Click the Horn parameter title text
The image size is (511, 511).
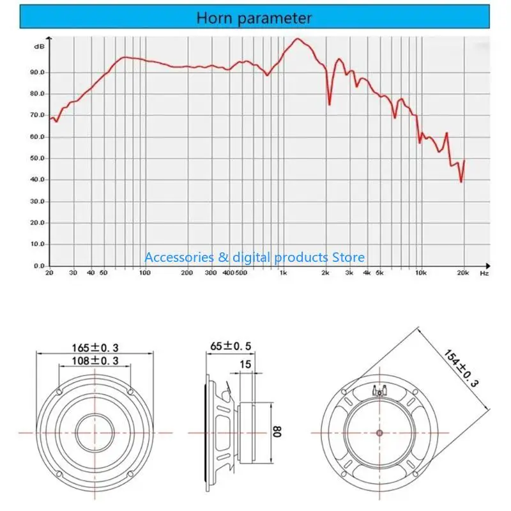point(254,18)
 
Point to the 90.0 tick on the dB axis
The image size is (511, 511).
point(38,73)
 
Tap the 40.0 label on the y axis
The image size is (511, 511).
point(38,180)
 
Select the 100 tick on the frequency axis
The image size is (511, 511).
point(145,273)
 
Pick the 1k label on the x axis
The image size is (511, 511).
point(284,273)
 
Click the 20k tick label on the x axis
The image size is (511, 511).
point(464,273)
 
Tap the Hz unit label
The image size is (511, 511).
point(484,273)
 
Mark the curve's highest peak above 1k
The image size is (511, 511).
point(298,39)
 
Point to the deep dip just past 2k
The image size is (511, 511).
point(330,104)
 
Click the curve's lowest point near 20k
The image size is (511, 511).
point(461,182)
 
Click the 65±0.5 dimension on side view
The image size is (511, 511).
point(231,347)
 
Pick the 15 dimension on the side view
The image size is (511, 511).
point(245,364)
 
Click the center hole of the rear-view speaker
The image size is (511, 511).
point(379,432)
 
